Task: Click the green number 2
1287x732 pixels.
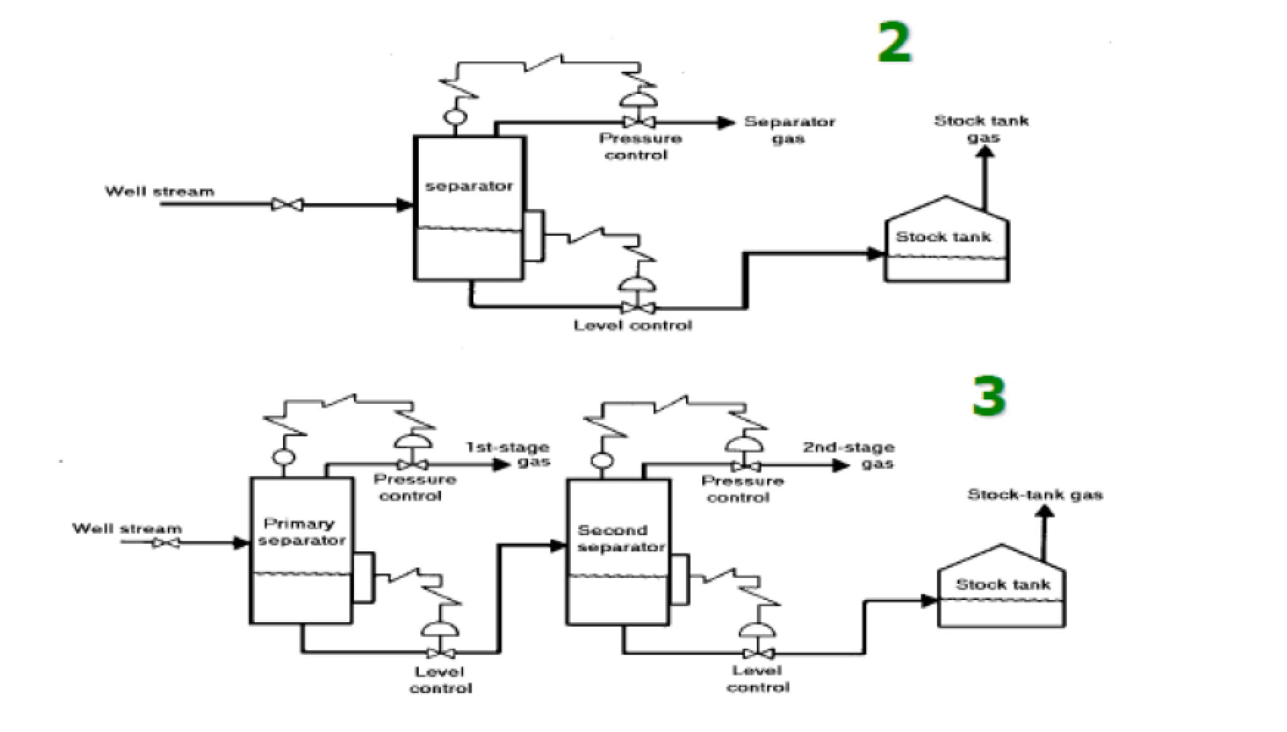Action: tap(894, 42)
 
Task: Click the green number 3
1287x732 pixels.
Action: tap(989, 396)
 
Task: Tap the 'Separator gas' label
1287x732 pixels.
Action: tap(789, 130)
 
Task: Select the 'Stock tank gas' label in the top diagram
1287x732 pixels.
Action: tap(981, 128)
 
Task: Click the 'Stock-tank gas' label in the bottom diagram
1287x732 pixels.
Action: tap(1035, 494)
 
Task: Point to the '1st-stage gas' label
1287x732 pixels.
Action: tap(508, 454)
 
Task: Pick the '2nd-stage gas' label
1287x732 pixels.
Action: tap(849, 456)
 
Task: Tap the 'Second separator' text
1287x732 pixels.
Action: tap(620, 538)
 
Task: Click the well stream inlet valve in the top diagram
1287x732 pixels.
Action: tap(287, 205)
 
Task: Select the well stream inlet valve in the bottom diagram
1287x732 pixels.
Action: tap(166, 542)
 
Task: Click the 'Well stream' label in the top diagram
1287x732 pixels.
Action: tap(159, 191)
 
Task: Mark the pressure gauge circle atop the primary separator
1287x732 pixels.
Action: tap(284, 458)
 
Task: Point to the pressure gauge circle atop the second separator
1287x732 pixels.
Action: tap(603, 461)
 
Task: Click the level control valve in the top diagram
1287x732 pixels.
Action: tap(638, 307)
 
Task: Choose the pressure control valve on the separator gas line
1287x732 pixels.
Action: tap(638, 122)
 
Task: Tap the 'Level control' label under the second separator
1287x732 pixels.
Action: tap(758, 679)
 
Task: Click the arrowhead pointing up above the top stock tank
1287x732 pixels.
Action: tap(985, 153)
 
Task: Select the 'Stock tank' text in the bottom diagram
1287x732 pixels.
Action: tap(1003, 584)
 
